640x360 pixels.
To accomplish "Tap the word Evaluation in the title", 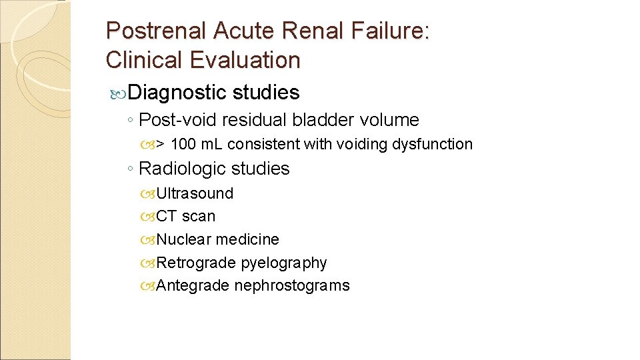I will coord(245,61).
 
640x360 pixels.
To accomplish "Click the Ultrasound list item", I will coord(195,193).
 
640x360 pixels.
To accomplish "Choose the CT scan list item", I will coord(185,216).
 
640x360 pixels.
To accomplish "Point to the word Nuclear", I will coord(183,239).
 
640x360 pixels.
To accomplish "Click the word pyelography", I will coord(284,263).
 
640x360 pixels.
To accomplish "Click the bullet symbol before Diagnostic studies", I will coord(117,93).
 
